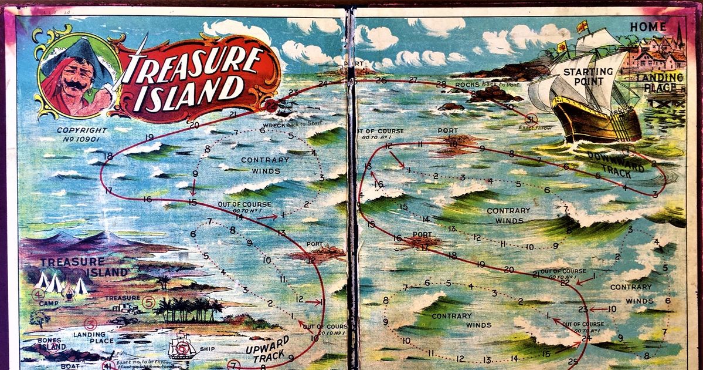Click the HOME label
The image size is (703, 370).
pos(648,27)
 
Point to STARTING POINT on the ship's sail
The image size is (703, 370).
pos(588,77)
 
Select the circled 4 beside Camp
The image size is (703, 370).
pos(38,294)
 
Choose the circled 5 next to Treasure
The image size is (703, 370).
pos(148,304)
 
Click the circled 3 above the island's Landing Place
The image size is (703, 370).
pos(90,322)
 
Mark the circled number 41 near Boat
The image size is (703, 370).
pos(107,365)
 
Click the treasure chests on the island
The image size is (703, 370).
pos(125,307)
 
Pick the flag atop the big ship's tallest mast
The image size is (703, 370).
pos(582,27)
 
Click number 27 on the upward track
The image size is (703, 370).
pos(413,80)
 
